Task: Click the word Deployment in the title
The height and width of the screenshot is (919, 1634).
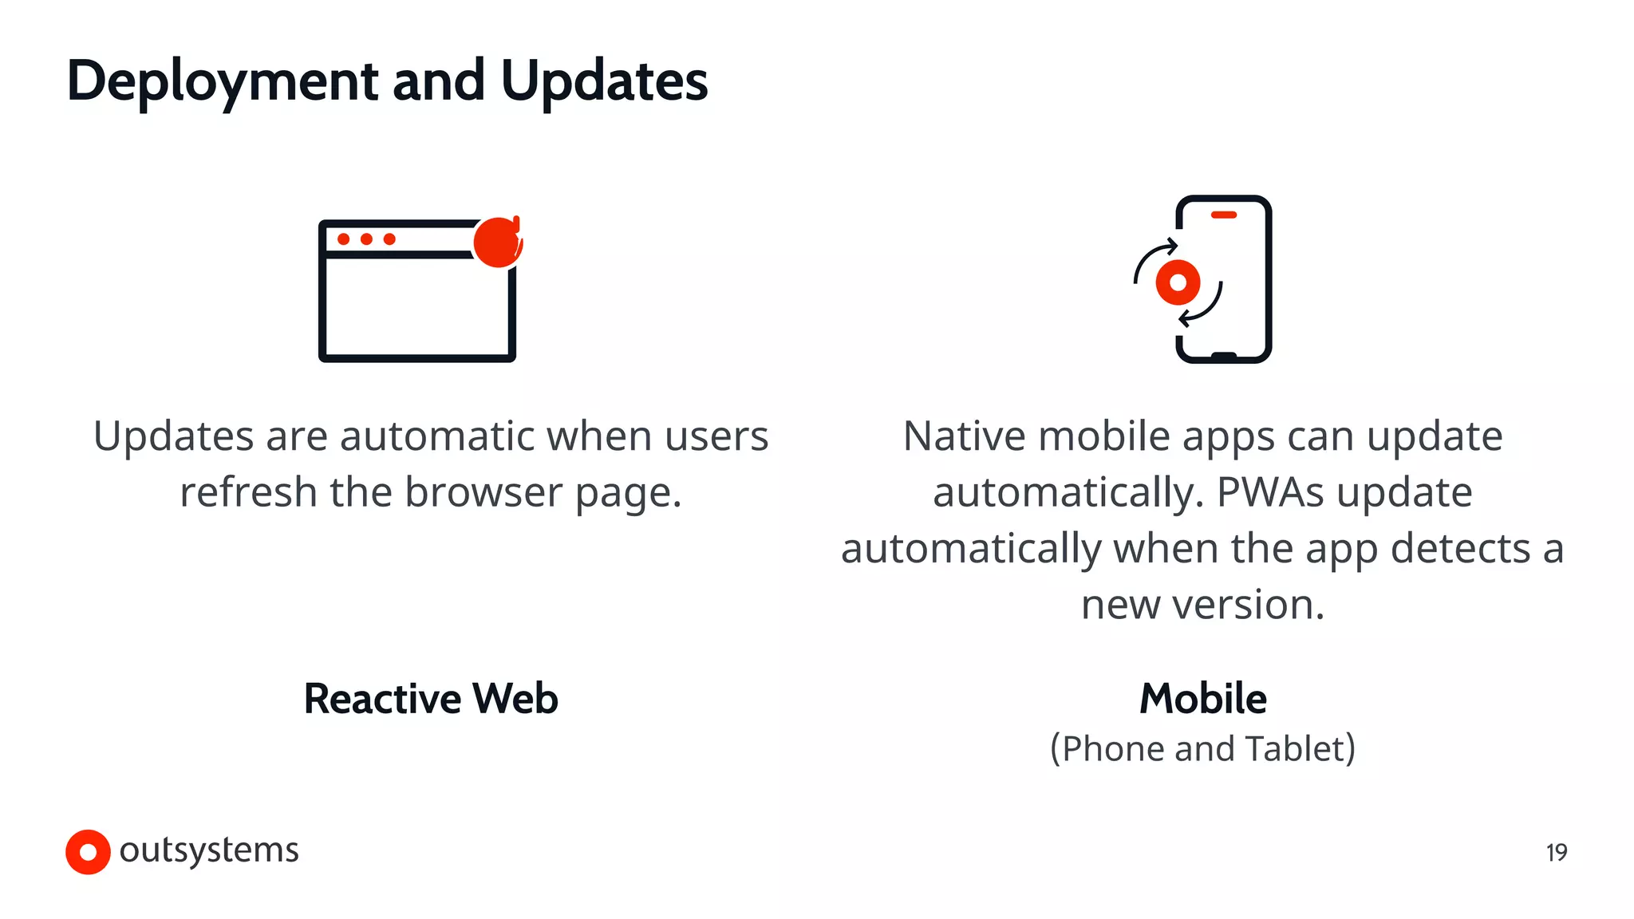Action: (x=223, y=81)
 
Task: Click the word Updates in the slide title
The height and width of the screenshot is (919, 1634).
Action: (x=604, y=81)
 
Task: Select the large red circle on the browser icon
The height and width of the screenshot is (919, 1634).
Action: (x=497, y=242)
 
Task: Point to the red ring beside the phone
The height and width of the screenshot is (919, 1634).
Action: (x=1178, y=282)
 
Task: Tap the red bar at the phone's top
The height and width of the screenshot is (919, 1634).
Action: (x=1223, y=215)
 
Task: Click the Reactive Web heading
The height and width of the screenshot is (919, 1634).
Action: (x=431, y=699)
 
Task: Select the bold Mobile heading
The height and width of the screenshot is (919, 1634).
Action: (x=1202, y=699)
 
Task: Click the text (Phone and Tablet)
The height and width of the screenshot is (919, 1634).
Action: (x=1202, y=748)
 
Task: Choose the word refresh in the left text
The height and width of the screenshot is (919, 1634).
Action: (x=248, y=492)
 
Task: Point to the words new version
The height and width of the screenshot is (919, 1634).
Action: (x=1202, y=605)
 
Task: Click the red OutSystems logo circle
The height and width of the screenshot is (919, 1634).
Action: (x=88, y=852)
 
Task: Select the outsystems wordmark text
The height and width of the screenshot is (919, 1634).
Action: (x=209, y=850)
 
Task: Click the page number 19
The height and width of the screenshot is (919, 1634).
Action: (x=1556, y=853)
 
